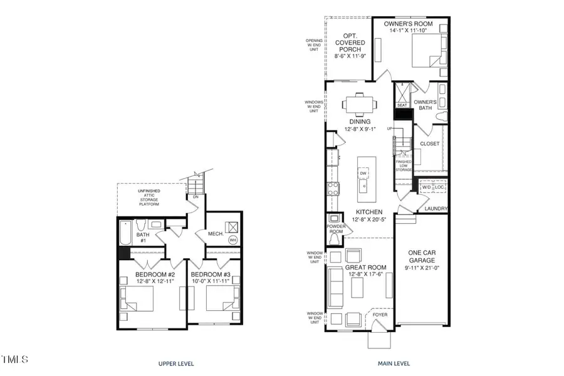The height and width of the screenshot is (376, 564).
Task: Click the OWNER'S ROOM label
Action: [408, 24]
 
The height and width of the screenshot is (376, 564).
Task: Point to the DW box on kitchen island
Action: [363, 174]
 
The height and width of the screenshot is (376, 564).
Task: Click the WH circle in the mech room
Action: [232, 239]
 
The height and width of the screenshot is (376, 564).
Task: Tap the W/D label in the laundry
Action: [426, 187]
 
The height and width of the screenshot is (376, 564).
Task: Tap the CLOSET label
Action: [430, 144]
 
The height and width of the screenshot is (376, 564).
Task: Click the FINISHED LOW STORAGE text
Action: [403, 165]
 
